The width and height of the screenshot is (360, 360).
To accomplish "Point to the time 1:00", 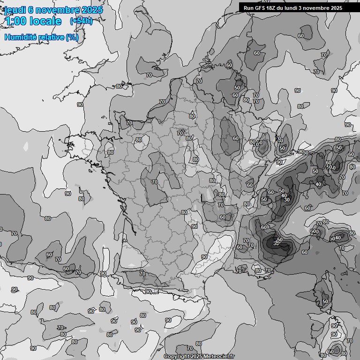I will pyautogui.click(x=16, y=21).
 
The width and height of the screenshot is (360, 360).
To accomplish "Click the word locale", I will pyautogui.click(x=46, y=21).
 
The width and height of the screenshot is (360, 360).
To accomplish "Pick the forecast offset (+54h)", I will pyautogui.click(x=81, y=21).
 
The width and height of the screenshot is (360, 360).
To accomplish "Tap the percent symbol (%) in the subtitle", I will pyautogui.click(x=72, y=37).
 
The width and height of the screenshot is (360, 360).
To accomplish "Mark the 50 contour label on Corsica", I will pyautogui.click(x=325, y=301).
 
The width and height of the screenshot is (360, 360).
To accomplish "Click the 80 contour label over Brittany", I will pyautogui.click(x=111, y=152).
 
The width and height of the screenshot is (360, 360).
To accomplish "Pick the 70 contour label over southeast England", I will pyautogui.click(x=149, y=75).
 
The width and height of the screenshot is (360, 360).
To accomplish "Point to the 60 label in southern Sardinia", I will pyautogui.click(x=331, y=351).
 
